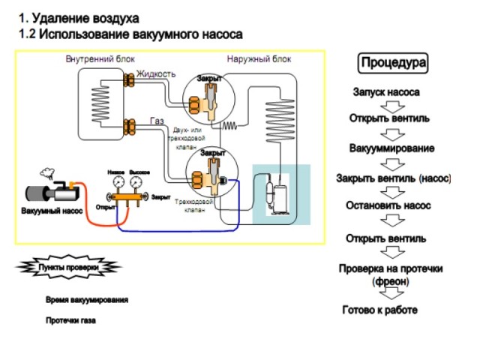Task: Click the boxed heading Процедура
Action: [x=394, y=62]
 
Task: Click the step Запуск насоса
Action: [x=386, y=92]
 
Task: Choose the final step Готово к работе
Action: [x=379, y=310]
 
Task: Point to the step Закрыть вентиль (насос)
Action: [x=393, y=178]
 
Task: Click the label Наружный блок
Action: [x=259, y=58]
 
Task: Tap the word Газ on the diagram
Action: [x=157, y=121]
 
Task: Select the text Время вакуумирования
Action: [x=86, y=300]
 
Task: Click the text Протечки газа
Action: [x=71, y=320]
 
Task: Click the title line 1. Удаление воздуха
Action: [x=78, y=17]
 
